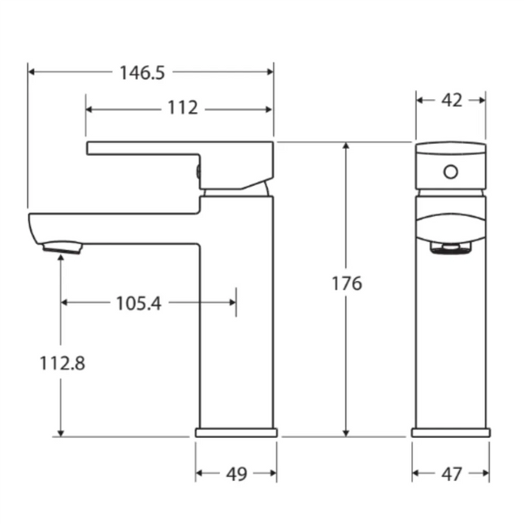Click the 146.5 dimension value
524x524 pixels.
point(142,72)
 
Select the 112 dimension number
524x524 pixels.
point(184,108)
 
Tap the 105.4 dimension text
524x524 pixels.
point(138,303)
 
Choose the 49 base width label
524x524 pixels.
point(236,473)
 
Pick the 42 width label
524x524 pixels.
point(451,100)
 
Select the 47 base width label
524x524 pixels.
point(451,473)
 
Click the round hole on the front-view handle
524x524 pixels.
point(450,172)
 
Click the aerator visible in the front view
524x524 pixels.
point(451,249)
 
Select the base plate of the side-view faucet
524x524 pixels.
point(236,432)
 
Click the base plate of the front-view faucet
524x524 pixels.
point(451,432)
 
